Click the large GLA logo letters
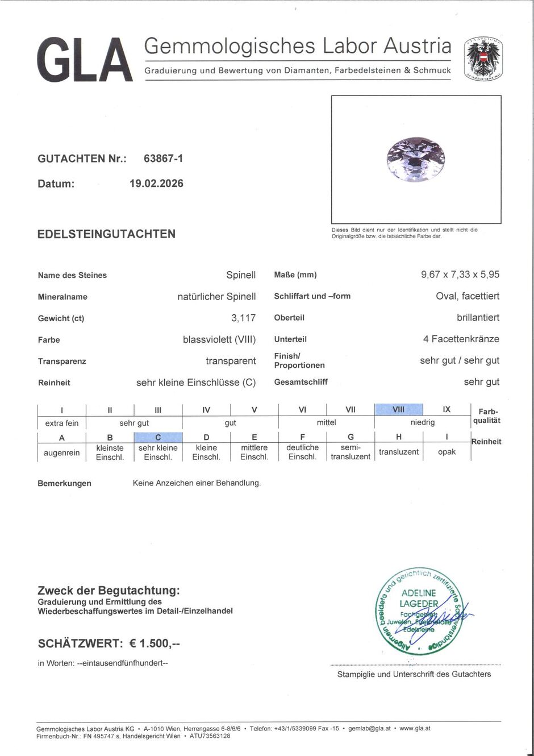pos(85,60)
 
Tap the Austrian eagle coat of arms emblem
pos(483,58)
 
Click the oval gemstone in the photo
pos(415,159)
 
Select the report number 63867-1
pos(163,159)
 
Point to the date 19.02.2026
pos(156,184)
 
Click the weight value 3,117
pos(243,318)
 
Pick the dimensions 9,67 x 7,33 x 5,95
pos(460,275)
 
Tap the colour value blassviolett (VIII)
pos(219,340)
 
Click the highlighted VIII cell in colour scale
pos(399,409)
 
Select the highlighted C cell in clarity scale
pos(158,437)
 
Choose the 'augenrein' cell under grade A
pos(62,452)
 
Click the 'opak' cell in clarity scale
pos(447,452)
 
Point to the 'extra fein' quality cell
pos(62,423)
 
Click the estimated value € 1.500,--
pos(155,643)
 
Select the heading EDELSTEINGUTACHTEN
pos(106,234)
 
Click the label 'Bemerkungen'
pos(64,483)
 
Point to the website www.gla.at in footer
pos(415,728)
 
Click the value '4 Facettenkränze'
pos(461,339)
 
